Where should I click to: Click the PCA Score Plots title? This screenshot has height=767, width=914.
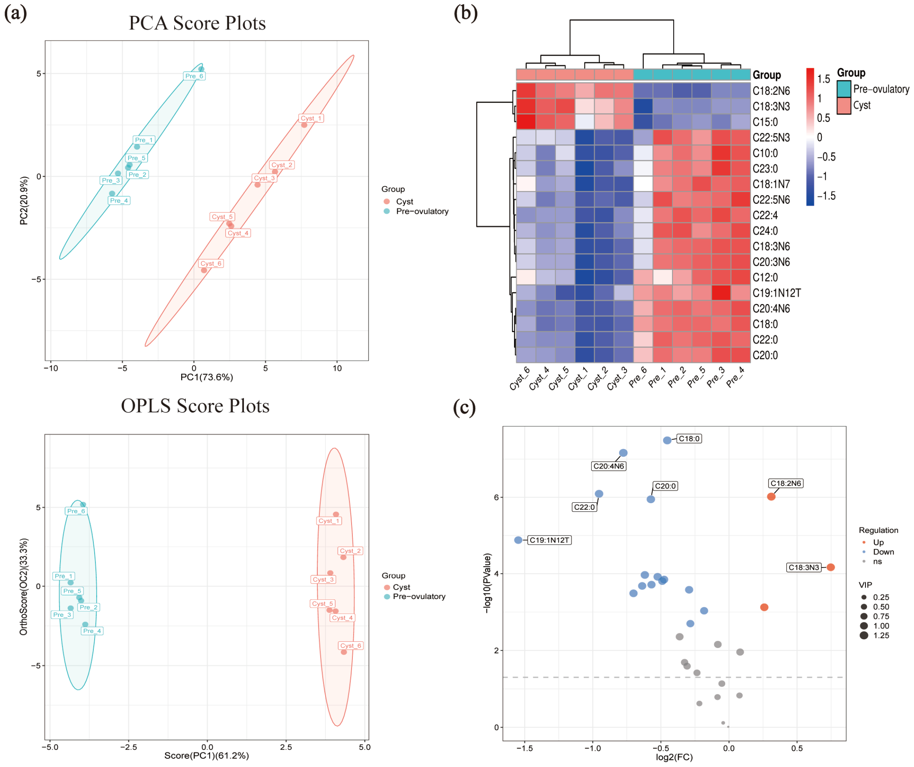coord(197,23)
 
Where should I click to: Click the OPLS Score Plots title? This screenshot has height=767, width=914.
coord(195,406)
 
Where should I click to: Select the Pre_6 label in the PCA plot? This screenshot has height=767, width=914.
coord(194,76)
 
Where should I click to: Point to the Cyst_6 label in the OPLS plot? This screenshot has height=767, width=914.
coord(351,646)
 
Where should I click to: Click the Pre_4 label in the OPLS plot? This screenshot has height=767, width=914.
coord(92,631)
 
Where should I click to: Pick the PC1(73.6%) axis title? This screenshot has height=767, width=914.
coord(207,377)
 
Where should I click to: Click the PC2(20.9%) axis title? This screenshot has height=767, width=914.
coord(24,201)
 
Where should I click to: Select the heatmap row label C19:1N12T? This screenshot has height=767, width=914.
coord(776,293)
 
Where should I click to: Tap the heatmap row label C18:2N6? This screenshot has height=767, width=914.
coord(771,91)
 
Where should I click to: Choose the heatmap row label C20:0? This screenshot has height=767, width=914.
coord(765,355)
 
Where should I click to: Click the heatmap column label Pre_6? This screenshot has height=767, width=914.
coord(638,377)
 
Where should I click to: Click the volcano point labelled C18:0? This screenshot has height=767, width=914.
coord(667,440)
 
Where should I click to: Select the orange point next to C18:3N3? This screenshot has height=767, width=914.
coord(830,567)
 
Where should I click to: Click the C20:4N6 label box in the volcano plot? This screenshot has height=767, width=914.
coord(609,466)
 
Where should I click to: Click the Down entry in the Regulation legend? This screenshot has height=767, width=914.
coord(883,552)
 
